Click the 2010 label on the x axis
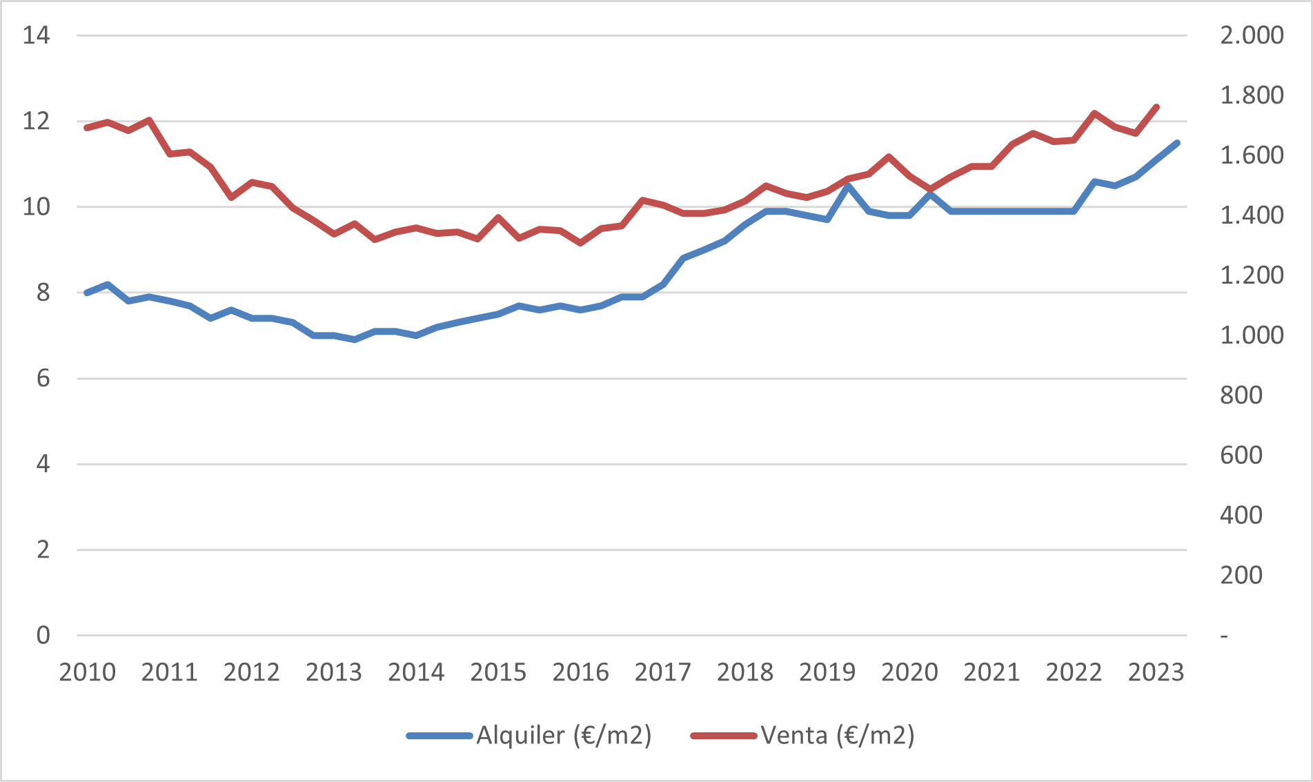[x=87, y=672]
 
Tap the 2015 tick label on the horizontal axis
[x=498, y=672]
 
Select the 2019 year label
[x=827, y=672]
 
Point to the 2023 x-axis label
[x=1156, y=672]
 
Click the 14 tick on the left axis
[x=36, y=35]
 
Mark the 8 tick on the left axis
[x=43, y=293]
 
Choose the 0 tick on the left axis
[x=43, y=635]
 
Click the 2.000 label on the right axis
[x=1252, y=35]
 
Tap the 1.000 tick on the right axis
[x=1252, y=335]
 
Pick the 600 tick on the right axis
[x=1241, y=456]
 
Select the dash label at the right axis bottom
[x=1224, y=636]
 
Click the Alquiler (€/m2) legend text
[x=564, y=736]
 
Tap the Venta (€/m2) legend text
[x=838, y=736]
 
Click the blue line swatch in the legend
[x=440, y=736]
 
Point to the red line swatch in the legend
[x=724, y=736]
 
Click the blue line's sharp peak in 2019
[x=847, y=186]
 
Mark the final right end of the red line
[x=1156, y=107]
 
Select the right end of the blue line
[x=1177, y=143]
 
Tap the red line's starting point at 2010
[x=87, y=128]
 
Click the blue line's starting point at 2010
[x=87, y=293]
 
